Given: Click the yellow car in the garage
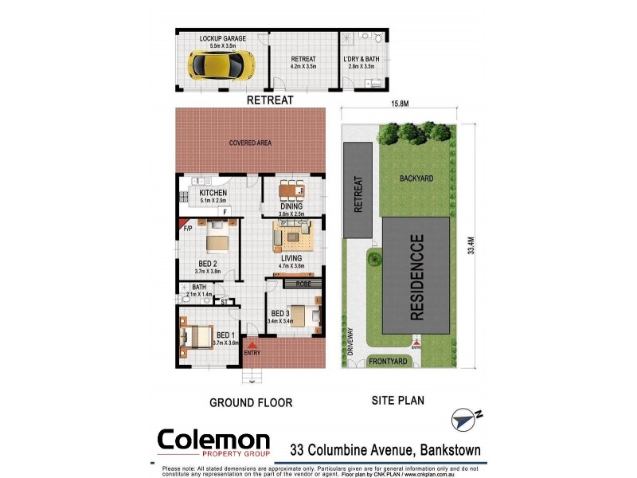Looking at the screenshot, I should [x=221, y=64].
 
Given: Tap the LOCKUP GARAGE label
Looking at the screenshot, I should [x=223, y=38].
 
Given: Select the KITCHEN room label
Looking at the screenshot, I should [x=213, y=193].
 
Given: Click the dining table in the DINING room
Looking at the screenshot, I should [x=291, y=190].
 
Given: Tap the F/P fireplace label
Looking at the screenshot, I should [x=189, y=229].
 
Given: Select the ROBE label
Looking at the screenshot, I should [x=303, y=283].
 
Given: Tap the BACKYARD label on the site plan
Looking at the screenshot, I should [x=416, y=179].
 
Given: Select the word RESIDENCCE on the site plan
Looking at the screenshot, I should [x=416, y=275].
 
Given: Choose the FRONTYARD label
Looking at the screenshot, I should [x=389, y=361].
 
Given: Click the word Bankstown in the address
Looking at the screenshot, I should [x=450, y=450].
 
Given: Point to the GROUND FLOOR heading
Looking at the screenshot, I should [x=251, y=402].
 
